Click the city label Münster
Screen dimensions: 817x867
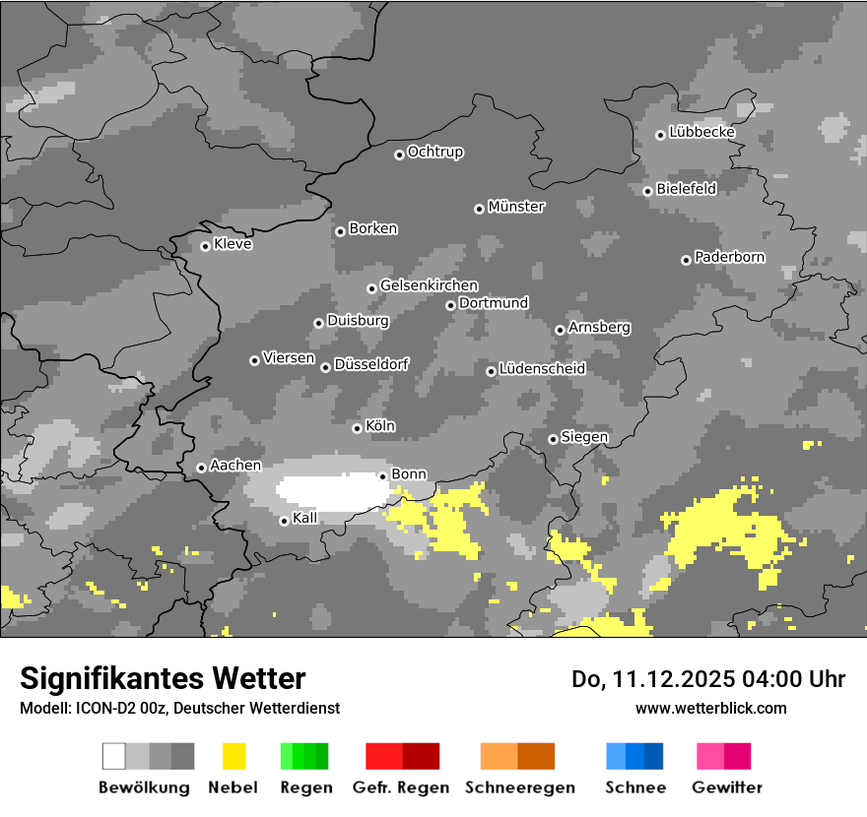(x=516, y=207)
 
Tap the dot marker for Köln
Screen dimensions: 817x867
(x=357, y=428)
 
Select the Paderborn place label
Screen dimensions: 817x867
(x=729, y=257)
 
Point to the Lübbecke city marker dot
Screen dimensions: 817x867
(x=660, y=135)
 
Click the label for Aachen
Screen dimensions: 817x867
(x=235, y=465)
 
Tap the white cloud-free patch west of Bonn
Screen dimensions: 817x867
(x=329, y=491)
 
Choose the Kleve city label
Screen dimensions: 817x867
(x=233, y=244)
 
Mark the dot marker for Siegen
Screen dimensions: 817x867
(x=553, y=439)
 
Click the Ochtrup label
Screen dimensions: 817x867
(x=435, y=152)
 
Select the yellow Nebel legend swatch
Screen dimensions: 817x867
(x=233, y=756)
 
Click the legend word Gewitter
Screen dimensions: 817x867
(x=727, y=787)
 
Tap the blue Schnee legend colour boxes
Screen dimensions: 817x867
(x=634, y=756)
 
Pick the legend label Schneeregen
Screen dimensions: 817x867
(x=519, y=787)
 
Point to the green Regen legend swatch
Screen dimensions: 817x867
(x=304, y=756)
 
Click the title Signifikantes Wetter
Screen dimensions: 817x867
(x=163, y=678)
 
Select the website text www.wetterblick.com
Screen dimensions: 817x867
(x=711, y=708)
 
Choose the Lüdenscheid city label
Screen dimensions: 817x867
(x=542, y=368)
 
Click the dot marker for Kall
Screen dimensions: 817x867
(x=284, y=521)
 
